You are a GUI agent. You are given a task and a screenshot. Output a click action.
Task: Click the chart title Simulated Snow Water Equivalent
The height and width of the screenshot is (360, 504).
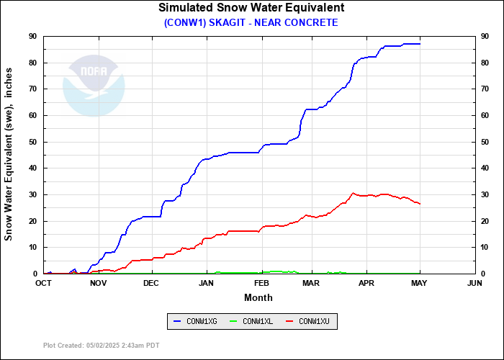click(251, 8)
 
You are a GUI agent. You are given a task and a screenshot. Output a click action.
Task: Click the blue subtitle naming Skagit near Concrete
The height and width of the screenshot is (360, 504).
click(251, 22)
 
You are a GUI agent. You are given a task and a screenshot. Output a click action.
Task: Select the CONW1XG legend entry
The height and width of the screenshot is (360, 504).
click(195, 320)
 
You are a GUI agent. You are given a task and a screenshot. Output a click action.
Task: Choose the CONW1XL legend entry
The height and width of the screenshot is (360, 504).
click(251, 320)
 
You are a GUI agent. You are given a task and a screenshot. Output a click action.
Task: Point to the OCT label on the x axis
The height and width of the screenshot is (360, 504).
click(44, 283)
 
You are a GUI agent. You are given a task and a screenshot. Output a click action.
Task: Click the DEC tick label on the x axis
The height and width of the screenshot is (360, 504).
click(151, 283)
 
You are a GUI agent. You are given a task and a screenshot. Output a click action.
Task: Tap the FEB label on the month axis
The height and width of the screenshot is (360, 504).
click(261, 283)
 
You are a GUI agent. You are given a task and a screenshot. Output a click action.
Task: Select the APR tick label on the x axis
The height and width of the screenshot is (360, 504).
click(366, 283)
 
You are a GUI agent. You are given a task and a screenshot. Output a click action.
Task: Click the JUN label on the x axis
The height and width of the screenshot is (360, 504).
click(474, 283)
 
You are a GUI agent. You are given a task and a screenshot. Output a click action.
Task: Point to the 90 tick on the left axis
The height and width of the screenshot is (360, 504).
click(33, 36)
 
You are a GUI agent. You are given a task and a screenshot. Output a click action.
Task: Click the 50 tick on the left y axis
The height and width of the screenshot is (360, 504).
click(33, 142)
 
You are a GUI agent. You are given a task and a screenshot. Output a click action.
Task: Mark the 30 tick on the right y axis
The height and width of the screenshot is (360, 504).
click(485, 194)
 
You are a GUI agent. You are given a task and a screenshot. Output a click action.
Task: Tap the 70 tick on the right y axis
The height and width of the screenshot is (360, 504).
click(485, 89)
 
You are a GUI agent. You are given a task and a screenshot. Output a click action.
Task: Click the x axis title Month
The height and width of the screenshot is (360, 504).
click(258, 297)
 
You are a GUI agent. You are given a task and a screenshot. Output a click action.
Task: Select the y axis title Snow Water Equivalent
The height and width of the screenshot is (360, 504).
click(9, 155)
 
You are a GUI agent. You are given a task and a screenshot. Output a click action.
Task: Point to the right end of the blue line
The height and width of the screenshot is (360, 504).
click(420, 44)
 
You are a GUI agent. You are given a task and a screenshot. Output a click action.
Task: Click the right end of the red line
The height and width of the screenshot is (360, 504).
click(420, 204)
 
